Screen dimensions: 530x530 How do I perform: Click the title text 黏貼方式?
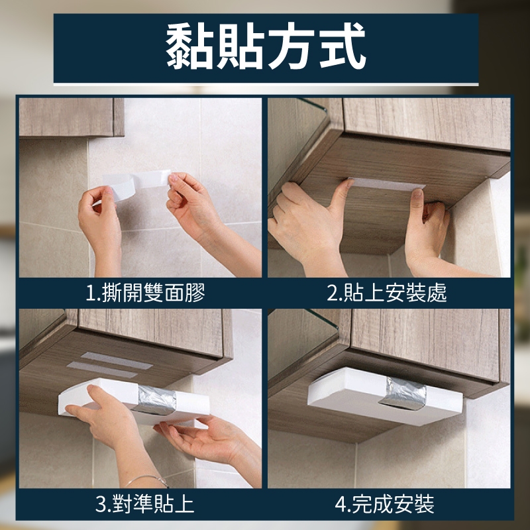[x=266, y=46]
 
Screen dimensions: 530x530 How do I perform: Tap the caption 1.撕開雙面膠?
[x=145, y=292]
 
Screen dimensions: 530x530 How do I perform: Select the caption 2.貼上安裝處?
[x=387, y=293]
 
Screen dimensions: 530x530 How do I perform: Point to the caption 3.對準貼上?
[x=144, y=503]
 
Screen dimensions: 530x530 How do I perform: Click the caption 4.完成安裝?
[x=385, y=503]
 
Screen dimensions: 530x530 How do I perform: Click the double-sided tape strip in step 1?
[x=135, y=184]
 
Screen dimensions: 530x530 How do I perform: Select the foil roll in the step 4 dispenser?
[x=403, y=393]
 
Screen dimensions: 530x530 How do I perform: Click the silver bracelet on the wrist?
[x=148, y=479]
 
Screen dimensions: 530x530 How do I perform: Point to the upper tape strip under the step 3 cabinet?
[x=117, y=360]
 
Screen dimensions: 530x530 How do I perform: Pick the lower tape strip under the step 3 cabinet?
[x=102, y=370]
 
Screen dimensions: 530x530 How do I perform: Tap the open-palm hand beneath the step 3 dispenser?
[x=206, y=439]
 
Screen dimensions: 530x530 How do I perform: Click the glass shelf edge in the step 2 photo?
[x=313, y=105]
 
